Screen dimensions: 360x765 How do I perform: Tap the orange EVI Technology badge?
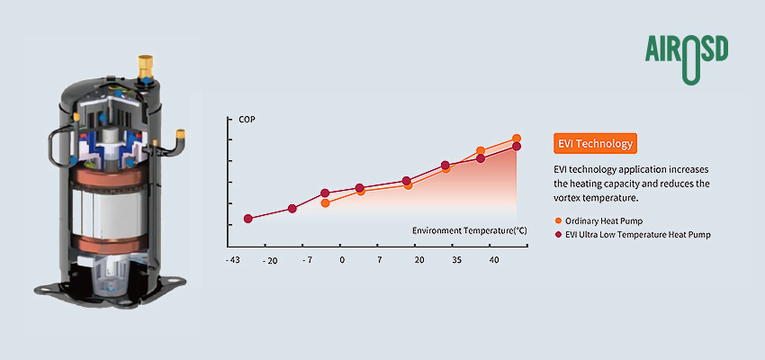(x=596, y=144)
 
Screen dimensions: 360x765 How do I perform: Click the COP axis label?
(x=247, y=120)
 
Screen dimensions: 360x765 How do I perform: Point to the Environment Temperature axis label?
(x=469, y=231)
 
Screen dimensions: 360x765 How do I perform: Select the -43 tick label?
(x=232, y=260)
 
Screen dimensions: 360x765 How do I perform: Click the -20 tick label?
(x=269, y=260)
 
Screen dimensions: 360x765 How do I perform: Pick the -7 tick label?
(x=307, y=260)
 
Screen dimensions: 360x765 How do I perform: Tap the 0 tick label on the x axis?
(x=342, y=260)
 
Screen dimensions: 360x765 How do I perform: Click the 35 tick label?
(x=456, y=260)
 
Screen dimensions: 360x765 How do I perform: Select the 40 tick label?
(x=494, y=260)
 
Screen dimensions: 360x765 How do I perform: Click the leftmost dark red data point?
(x=248, y=219)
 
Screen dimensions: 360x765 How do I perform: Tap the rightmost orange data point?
(x=517, y=139)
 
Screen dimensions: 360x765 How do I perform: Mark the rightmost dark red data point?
(x=517, y=147)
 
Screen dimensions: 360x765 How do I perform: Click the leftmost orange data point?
(x=325, y=203)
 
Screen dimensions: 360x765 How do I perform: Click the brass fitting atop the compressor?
(x=144, y=66)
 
